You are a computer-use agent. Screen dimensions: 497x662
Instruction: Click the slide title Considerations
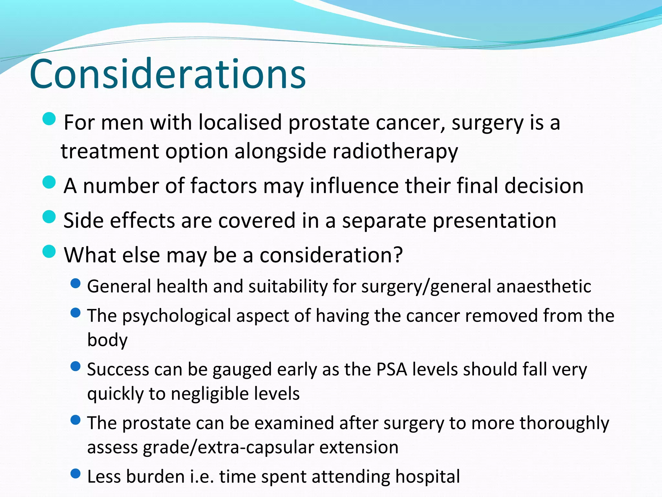[x=167, y=74]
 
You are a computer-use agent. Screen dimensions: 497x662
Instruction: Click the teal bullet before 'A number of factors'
[x=49, y=182]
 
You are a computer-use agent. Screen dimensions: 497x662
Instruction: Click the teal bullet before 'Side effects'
[x=49, y=217]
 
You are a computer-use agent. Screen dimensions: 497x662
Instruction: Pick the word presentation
[x=494, y=221]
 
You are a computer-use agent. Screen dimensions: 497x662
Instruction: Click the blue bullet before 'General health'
[x=75, y=283]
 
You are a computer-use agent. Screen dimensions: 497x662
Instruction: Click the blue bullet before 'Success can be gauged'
[x=75, y=367]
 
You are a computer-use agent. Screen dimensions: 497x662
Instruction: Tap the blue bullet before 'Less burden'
[x=75, y=474]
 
